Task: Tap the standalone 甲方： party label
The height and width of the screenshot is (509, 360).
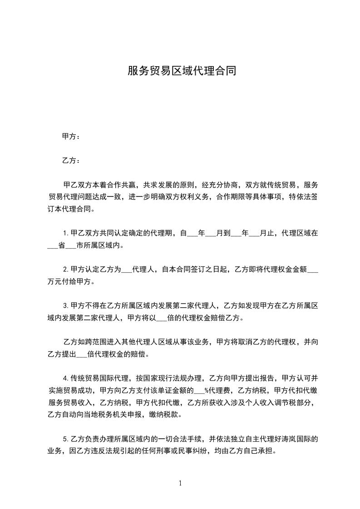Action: click(71, 136)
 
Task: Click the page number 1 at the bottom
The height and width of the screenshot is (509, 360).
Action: click(180, 483)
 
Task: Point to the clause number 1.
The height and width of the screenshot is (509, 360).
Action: click(65, 234)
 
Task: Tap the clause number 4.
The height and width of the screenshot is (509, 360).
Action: click(65, 378)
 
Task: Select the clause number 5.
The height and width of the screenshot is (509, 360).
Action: click(65, 439)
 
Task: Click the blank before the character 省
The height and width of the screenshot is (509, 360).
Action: click(53, 246)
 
